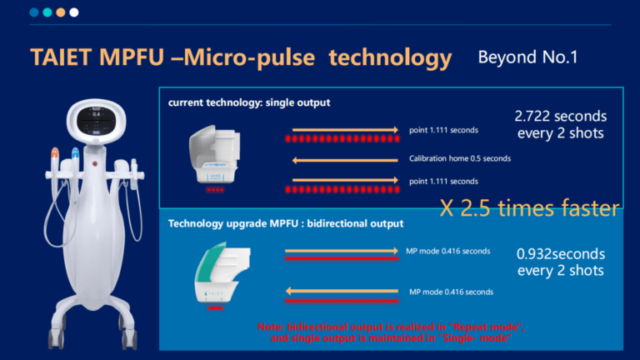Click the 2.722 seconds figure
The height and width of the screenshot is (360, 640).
coord(561,116)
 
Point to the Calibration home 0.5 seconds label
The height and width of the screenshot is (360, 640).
coord(459,158)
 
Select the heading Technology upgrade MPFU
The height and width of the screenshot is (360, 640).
coord(286,223)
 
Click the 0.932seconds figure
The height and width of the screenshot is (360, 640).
coord(560,253)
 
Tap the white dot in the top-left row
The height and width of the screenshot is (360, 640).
coord(74,12)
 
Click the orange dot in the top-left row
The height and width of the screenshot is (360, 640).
coord(60,12)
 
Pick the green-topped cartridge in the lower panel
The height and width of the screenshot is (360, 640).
coord(218,268)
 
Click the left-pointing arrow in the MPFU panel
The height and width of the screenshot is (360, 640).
coord(342,292)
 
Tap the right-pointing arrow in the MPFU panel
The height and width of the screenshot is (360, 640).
coord(342,250)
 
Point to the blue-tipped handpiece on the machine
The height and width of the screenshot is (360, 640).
coord(75,158)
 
